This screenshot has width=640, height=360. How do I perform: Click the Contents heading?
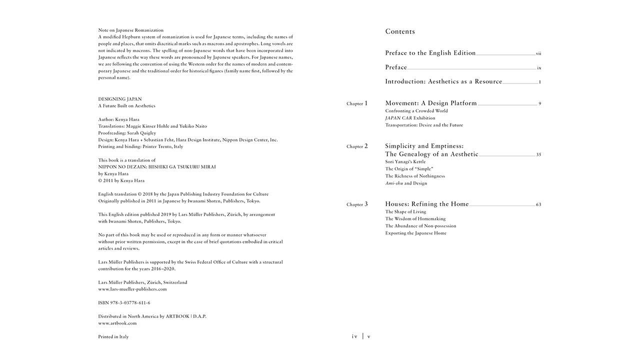[400, 31]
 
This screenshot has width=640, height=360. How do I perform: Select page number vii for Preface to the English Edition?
[538, 53]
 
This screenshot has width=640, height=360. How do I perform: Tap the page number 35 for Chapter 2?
[538, 155]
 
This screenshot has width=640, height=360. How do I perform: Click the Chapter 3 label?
[357, 204]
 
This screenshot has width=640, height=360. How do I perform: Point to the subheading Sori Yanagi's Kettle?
[405, 162]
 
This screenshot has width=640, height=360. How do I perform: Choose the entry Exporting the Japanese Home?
[415, 233]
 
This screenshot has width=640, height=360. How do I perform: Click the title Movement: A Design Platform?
[430, 103]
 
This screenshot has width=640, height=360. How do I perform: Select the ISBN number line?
[124, 303]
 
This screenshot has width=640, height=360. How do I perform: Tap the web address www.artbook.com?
[117, 323]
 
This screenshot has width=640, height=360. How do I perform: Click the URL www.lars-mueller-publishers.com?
[132, 289]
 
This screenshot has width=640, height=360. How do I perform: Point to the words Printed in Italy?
[113, 337]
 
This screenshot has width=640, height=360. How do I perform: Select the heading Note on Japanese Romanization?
[130, 30]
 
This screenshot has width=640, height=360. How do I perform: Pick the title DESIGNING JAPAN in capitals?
[119, 99]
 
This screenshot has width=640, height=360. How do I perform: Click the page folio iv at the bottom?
[354, 336]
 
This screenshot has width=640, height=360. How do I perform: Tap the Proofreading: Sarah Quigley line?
[127, 133]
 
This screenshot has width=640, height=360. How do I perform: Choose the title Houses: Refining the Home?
[426, 204]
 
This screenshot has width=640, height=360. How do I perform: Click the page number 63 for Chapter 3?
[538, 204]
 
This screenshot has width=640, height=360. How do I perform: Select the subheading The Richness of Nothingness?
[414, 176]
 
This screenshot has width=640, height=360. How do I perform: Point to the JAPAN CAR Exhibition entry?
[410, 118]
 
